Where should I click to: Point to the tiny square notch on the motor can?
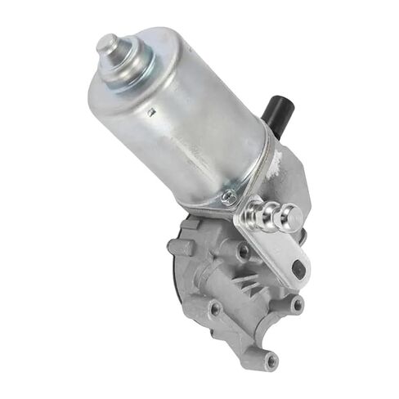point(151,112)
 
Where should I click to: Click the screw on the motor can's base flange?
point(231,197)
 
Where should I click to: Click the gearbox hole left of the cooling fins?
point(214,310)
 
